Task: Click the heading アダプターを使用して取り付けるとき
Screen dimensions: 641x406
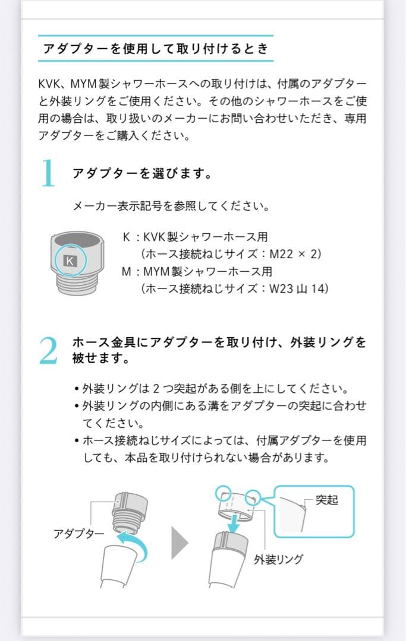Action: tap(155, 49)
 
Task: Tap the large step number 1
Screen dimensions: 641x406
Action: tap(49, 174)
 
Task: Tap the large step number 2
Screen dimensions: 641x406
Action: tap(49, 351)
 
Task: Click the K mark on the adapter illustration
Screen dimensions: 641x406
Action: tap(70, 261)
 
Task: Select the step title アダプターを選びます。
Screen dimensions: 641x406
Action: tap(143, 174)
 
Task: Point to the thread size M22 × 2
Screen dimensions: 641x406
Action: tap(295, 254)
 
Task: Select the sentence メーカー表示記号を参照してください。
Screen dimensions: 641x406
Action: tap(171, 207)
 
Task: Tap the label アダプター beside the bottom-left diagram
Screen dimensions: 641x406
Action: tap(78, 534)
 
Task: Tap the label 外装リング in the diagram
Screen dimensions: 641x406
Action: tap(278, 559)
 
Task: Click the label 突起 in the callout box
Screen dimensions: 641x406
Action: tap(326, 500)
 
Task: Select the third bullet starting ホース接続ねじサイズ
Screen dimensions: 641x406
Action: tap(220, 449)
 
